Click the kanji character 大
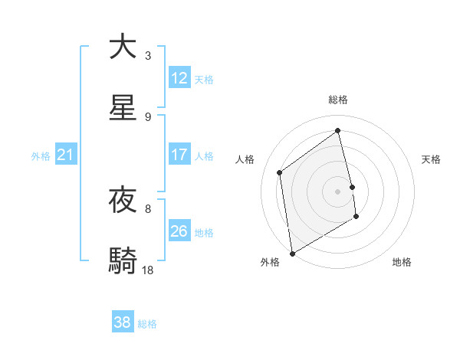[123, 47]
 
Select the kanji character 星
[123, 108]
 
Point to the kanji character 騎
[123, 260]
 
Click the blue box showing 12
[179, 78]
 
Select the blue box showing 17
[179, 155]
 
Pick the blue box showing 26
[179, 231]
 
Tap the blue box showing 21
[65, 155]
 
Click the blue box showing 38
[123, 322]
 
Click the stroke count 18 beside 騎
[148, 270]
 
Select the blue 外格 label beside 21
[41, 156]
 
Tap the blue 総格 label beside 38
[147, 324]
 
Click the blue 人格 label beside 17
[204, 156]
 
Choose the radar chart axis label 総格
[338, 100]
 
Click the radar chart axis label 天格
[431, 159]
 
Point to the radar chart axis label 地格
[402, 262]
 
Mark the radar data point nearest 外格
[292, 253]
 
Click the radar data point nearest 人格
[280, 172]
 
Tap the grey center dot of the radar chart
[338, 191]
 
